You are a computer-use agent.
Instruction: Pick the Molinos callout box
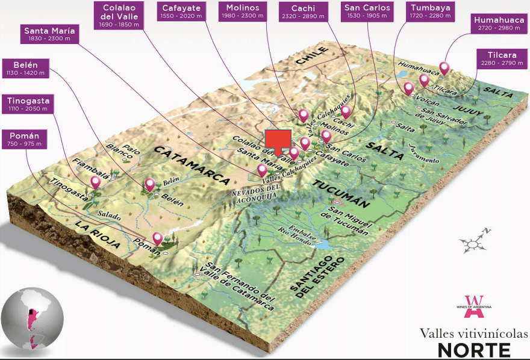pos(243,11)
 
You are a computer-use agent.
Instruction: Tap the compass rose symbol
pos(473,243)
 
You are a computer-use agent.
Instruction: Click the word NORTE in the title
pos(473,349)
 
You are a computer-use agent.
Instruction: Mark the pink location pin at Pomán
pos(158,238)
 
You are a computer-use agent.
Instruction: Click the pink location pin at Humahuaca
pos(444,67)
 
